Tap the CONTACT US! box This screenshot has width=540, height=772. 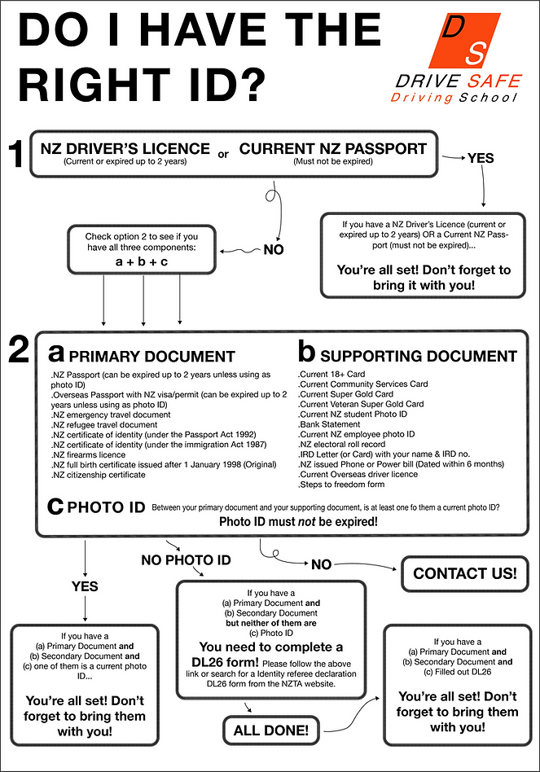464,573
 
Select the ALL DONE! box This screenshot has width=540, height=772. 270,730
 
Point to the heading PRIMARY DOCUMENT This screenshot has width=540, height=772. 151,357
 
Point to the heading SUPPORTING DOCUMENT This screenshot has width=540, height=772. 419,357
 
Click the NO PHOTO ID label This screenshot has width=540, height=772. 186,560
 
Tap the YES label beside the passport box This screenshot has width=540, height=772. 481,158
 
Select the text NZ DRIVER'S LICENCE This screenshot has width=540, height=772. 125,149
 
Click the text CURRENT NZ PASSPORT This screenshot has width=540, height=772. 332,149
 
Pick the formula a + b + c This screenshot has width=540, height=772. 142,262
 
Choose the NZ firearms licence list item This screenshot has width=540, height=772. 91,454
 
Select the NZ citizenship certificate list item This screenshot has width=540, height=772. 102,475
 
